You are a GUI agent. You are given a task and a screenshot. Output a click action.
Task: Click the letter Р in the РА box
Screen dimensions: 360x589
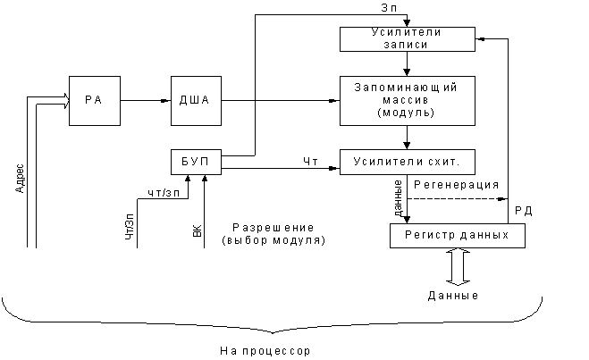[x=89, y=100]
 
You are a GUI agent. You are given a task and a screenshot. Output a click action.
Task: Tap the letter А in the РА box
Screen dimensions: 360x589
[x=99, y=100]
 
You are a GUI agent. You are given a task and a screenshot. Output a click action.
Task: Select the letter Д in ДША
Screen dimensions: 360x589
[x=184, y=100]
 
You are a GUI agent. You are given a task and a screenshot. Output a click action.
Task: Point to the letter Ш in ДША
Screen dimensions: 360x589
[x=195, y=100]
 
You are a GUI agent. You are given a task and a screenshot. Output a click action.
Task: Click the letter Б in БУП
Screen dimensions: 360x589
[x=186, y=163]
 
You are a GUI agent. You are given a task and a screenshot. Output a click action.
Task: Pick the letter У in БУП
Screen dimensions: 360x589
[x=196, y=163]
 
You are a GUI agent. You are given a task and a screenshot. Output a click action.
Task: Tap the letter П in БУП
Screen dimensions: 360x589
[x=206, y=163]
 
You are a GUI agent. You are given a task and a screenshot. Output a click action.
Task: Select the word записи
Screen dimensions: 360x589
[x=407, y=45]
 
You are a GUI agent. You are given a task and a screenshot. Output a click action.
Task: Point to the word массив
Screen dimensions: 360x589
[x=407, y=100]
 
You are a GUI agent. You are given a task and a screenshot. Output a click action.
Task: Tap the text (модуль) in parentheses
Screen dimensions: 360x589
[x=407, y=113]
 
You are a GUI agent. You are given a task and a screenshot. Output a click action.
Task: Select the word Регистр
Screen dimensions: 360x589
[x=432, y=235]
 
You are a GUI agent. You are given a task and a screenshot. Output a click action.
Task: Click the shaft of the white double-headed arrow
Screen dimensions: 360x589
[x=458, y=266]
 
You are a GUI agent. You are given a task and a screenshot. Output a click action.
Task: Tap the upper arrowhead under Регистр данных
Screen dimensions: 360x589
[x=458, y=252]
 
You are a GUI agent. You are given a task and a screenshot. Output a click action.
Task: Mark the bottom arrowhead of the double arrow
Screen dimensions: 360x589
[x=458, y=281]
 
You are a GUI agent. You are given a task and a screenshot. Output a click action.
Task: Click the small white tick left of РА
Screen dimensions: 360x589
[x=36, y=101]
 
